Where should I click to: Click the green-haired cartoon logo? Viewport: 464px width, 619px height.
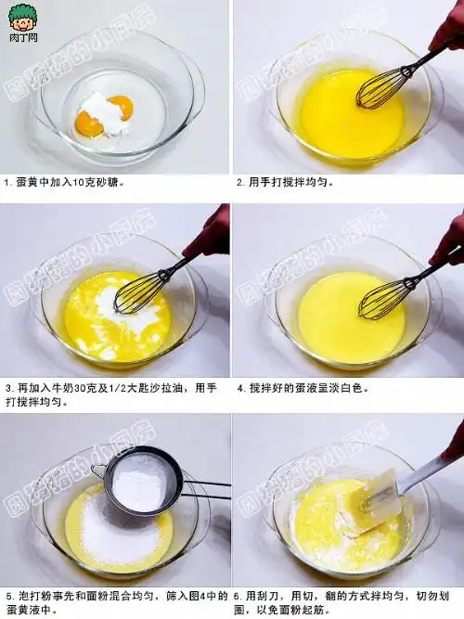tap(22, 17)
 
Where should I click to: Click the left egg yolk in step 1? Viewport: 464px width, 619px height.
tap(89, 122)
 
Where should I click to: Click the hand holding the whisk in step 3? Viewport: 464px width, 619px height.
tap(209, 234)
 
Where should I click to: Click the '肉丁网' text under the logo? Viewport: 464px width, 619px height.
tap(22, 39)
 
